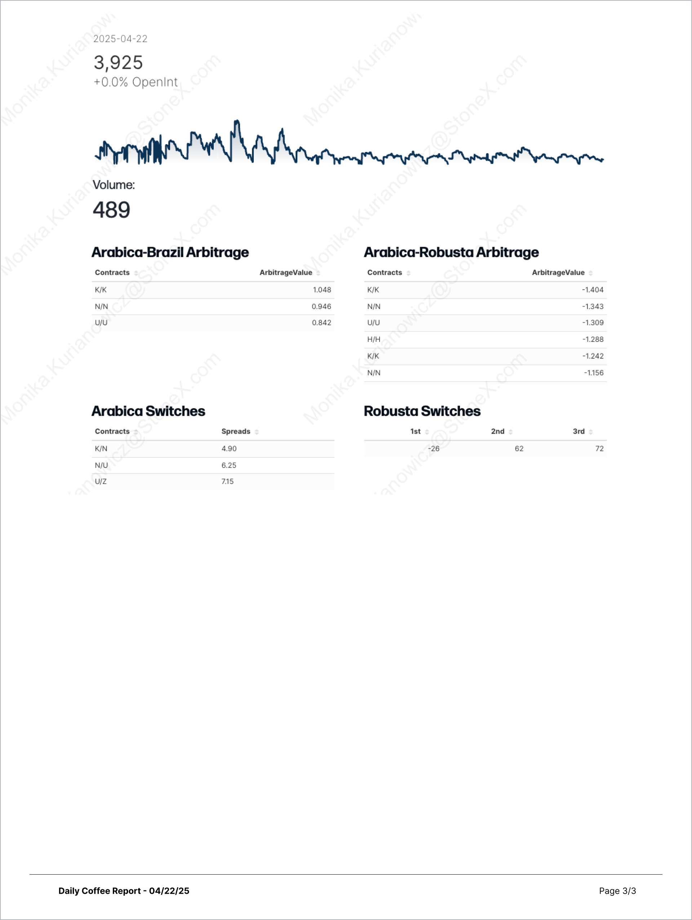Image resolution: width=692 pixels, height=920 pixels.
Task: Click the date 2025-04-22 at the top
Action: point(120,39)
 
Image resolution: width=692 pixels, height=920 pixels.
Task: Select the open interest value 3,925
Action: point(118,63)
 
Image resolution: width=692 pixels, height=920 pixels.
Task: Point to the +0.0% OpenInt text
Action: point(136,82)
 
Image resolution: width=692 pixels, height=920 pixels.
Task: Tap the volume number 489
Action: point(111,210)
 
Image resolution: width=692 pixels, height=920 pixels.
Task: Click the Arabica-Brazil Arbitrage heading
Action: point(170,252)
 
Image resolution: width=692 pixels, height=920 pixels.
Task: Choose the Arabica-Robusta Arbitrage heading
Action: point(451,252)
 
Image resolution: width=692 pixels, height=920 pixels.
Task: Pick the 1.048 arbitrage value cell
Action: point(321,290)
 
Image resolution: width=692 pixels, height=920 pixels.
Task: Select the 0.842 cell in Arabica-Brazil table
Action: point(321,323)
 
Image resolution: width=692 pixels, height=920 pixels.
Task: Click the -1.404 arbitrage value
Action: point(592,290)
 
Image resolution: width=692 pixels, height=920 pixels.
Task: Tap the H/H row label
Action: point(374,339)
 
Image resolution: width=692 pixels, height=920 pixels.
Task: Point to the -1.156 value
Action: point(593,373)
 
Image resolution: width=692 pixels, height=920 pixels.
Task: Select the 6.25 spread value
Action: point(229,465)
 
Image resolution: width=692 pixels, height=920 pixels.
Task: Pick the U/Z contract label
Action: point(101,482)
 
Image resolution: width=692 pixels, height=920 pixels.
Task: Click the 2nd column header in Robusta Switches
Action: point(498,431)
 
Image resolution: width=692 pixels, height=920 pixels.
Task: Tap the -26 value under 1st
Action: point(434,449)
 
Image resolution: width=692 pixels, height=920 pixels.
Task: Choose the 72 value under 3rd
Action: point(599,449)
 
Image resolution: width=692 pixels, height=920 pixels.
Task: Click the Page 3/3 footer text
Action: point(617,890)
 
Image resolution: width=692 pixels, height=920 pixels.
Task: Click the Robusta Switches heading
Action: point(422,411)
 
